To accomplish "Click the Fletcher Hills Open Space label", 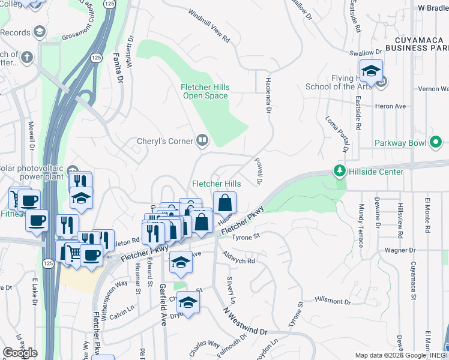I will (x=205, y=91).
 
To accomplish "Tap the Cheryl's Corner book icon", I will (x=203, y=141).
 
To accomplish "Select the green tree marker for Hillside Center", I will (x=340, y=171).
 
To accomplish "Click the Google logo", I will (x=20, y=353).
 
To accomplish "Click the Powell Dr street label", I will (x=260, y=172).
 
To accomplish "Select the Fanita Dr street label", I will (x=119, y=68).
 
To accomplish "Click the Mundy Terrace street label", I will (x=361, y=225).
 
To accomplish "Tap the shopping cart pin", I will (x=74, y=252).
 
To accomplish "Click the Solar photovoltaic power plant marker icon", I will (x=73, y=170).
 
